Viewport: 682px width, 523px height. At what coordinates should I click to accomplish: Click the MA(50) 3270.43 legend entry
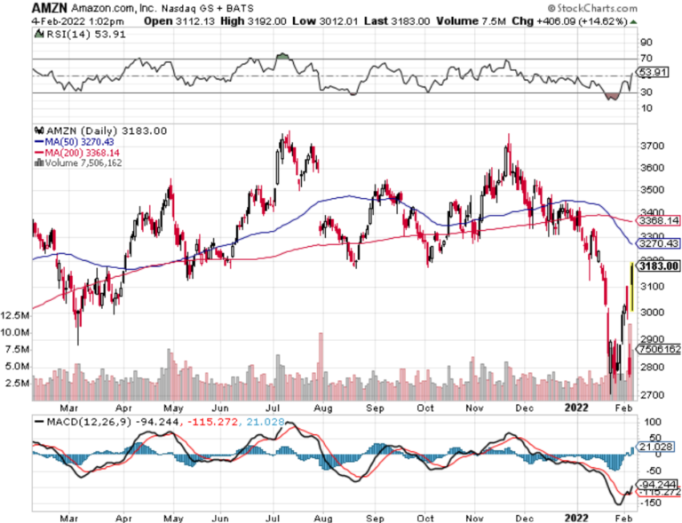pyautogui.click(x=78, y=141)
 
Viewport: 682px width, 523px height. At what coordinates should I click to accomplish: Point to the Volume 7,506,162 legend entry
pyautogui.click(x=85, y=162)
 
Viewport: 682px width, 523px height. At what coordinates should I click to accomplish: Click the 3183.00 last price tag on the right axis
pyautogui.click(x=660, y=265)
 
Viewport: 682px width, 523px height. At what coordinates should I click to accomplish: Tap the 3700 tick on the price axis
pyautogui.click(x=653, y=146)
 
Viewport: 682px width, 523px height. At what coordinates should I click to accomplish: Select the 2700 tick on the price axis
pyautogui.click(x=653, y=394)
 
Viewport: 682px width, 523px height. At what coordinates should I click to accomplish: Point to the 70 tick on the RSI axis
pyautogui.click(x=646, y=59)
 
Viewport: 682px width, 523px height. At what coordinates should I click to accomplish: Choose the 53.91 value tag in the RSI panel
pyautogui.click(x=653, y=71)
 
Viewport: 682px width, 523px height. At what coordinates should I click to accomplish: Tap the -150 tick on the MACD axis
pyautogui.click(x=651, y=503)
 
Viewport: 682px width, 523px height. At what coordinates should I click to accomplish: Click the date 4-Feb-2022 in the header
pyautogui.click(x=33, y=20)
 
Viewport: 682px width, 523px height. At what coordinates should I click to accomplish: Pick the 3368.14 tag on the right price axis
pyautogui.click(x=660, y=219)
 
